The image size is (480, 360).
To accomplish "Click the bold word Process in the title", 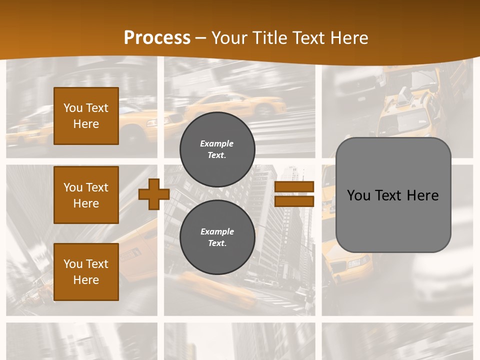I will click(157, 38).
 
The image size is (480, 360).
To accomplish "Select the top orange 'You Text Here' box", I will click(86, 116).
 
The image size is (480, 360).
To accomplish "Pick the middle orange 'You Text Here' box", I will click(86, 195).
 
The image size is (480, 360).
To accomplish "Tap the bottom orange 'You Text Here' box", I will click(86, 272).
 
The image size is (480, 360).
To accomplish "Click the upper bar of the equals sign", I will click(294, 187).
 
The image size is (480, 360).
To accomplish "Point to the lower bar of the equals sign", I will click(294, 201).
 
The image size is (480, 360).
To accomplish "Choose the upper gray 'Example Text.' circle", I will click(217, 149).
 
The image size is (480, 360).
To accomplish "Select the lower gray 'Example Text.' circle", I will click(217, 237).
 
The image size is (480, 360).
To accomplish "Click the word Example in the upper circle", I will click(217, 143).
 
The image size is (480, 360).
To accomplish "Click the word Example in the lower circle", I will click(217, 231).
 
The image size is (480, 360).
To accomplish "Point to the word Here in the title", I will click(348, 38).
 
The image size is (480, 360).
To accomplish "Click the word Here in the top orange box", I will click(86, 124).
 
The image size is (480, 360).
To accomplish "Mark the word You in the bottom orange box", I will click(73, 264).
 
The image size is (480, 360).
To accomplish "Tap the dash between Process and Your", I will click(200, 38).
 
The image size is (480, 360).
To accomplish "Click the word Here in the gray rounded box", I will click(423, 195).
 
